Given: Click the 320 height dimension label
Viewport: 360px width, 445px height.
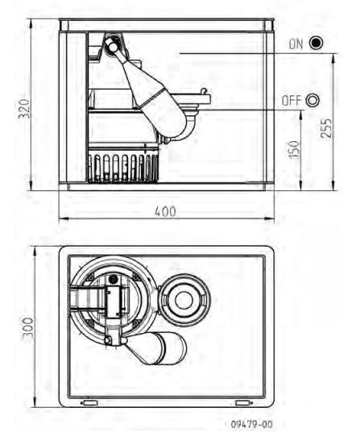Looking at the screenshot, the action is coord(24,109).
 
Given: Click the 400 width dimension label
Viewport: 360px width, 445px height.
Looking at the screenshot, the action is coord(166,211).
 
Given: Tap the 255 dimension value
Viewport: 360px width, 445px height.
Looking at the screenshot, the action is coord(326,128).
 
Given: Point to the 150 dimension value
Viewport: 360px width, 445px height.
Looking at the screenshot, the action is coord(294,150).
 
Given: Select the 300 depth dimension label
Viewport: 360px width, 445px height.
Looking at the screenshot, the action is coord(27,328).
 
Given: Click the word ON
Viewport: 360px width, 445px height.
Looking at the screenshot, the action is coord(296,44).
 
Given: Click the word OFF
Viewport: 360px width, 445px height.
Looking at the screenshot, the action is coord(292,101).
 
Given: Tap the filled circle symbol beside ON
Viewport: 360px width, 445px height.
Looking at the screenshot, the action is coord(316,43).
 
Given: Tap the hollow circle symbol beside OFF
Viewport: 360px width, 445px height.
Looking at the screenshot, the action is coord(312,100).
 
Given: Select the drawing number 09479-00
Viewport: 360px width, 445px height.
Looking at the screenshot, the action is coord(251,424).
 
